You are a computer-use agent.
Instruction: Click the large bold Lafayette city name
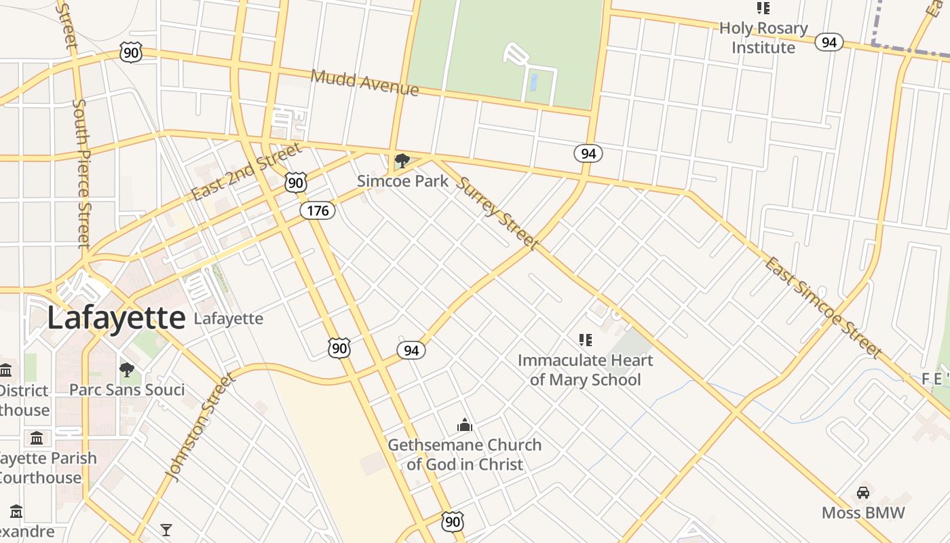coord(115,318)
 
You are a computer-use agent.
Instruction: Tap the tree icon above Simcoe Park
coord(402,161)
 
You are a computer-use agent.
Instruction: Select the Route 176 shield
coord(318,210)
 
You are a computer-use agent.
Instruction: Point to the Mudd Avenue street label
coord(364,82)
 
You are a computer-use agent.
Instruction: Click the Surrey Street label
coord(497,213)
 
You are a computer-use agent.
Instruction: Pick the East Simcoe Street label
coord(824,307)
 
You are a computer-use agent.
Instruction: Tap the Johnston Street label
coord(202,427)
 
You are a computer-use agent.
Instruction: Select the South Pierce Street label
coord(81,173)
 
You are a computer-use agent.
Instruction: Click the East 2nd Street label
coord(246,172)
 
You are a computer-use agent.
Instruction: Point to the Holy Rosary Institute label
coord(763,38)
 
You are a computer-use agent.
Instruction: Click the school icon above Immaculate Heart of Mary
coord(585,339)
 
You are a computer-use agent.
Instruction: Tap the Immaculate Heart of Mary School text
coord(585,370)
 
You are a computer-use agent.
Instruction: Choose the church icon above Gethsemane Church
coord(465,425)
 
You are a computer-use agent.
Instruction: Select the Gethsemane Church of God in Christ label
coord(465,455)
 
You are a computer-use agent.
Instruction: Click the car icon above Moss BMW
coord(863,492)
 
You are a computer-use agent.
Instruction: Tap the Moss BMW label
coord(863,512)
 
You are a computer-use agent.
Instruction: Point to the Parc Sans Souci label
coord(127,390)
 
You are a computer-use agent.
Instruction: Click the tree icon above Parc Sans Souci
coord(127,369)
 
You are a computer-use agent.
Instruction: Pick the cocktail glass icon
coord(166,529)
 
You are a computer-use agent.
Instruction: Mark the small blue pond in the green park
coord(533,83)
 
